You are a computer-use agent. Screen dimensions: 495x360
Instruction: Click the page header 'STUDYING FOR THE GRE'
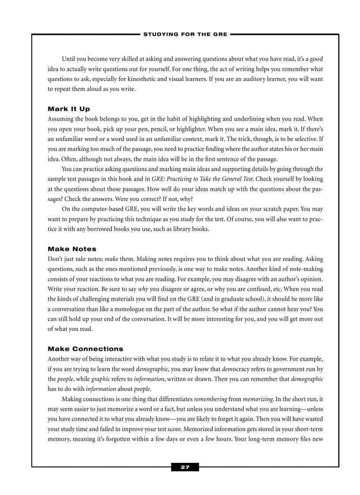(185, 34)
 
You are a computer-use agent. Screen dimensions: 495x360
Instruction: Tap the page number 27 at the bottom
(185, 467)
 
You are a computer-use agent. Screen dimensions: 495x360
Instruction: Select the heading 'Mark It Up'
(68, 109)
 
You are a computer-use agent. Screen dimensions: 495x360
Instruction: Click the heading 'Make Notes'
(72, 249)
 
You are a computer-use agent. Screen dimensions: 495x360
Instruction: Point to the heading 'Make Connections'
(86, 349)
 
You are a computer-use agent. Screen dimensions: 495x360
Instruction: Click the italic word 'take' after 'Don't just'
(80, 259)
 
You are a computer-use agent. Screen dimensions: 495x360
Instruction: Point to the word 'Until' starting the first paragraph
(68, 59)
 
